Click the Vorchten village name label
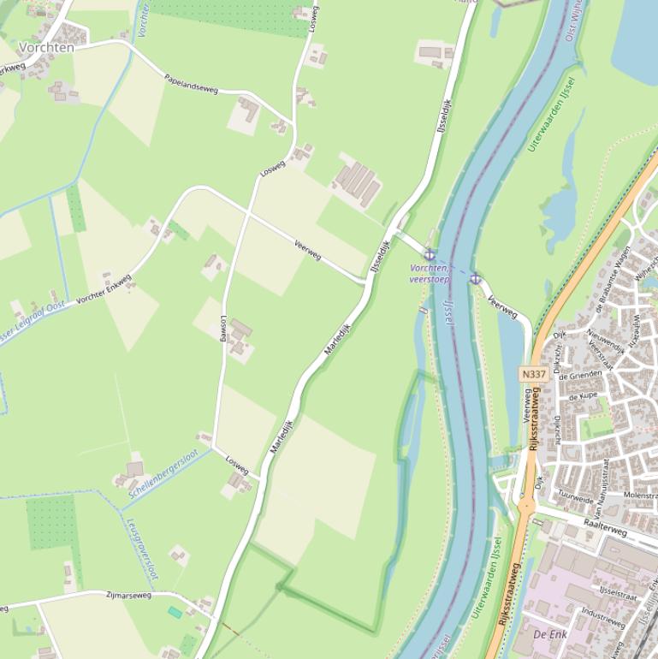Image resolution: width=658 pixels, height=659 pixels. pos(46,48)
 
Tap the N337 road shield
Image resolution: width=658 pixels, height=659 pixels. pos(532,375)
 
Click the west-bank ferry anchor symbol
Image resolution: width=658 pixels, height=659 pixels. pos(430,254)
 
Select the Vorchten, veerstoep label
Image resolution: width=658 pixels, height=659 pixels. pos(430,274)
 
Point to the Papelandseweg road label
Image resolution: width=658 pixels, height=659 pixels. pos(191,83)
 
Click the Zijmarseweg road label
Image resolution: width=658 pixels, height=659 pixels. pos(128,595)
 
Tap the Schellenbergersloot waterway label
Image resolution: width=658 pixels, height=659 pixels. pos(163,473)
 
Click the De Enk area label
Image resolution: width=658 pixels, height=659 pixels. pos(550,634)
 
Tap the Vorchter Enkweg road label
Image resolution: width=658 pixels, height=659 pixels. pos(104,289)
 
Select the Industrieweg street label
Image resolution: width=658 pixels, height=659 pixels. pos(602,618)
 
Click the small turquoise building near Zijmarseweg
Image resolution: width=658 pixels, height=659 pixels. pos(175,612)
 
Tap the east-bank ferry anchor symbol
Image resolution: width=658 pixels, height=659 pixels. pos(475,279)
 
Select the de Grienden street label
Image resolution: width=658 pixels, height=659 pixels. pos(584,376)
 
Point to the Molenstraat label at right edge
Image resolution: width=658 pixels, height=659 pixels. pos(640,496)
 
